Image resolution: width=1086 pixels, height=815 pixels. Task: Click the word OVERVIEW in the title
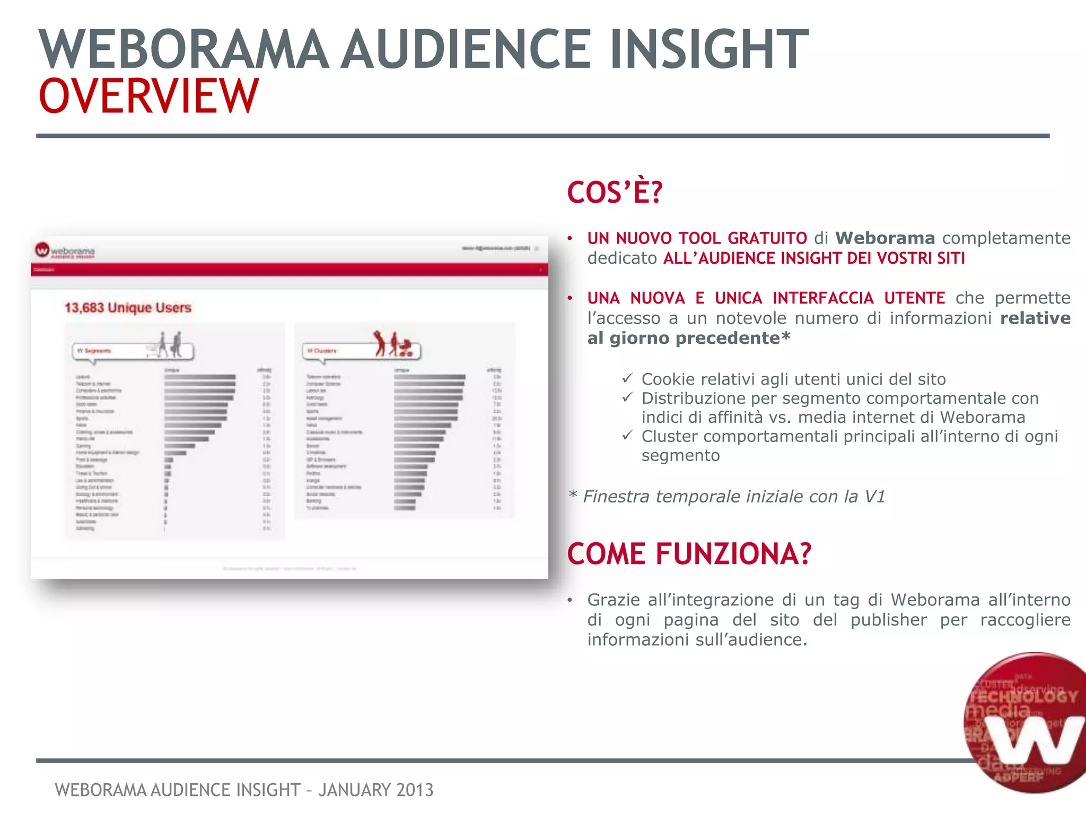[x=148, y=96]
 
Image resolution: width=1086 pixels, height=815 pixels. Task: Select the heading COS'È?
[x=615, y=192]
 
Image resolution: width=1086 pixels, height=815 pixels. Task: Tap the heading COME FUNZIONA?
[x=689, y=554]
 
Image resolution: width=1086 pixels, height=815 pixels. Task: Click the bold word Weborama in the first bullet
[x=885, y=238]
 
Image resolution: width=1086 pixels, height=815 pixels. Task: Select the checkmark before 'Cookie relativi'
[x=627, y=378]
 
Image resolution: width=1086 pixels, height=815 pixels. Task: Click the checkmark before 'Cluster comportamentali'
[x=627, y=436]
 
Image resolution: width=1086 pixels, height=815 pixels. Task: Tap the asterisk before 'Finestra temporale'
[x=572, y=496]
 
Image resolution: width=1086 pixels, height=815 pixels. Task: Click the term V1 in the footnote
[x=874, y=497]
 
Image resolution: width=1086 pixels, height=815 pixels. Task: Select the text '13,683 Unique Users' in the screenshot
[x=128, y=308]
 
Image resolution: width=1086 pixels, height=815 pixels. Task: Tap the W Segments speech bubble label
[x=94, y=351]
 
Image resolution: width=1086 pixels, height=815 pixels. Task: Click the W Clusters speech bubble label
[x=322, y=351]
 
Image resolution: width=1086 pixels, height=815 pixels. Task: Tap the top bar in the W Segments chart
[x=199, y=377]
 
